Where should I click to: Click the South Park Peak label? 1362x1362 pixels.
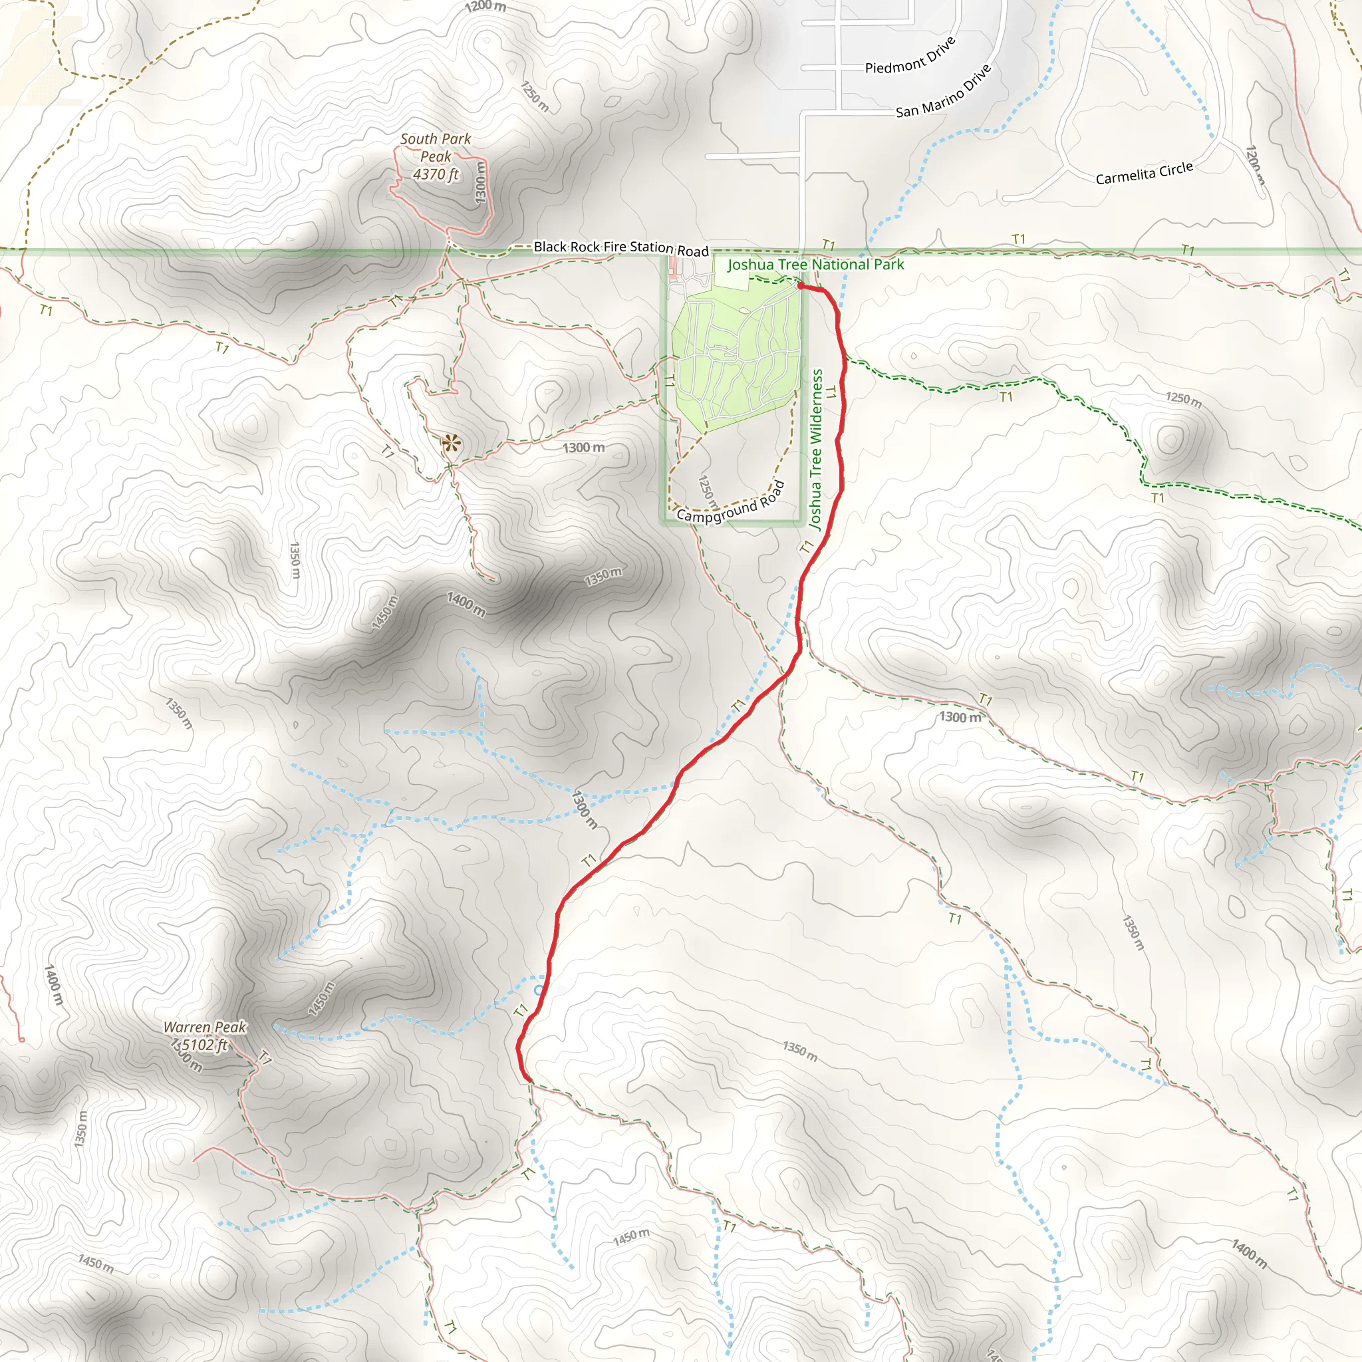(436, 148)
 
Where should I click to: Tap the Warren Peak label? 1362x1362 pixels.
(204, 1027)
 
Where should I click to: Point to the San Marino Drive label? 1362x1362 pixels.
(943, 92)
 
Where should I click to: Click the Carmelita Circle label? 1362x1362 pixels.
(1143, 173)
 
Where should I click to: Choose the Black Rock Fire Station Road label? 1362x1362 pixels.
(620, 247)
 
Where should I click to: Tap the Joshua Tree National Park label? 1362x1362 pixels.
(815, 265)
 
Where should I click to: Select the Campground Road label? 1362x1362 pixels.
(730, 503)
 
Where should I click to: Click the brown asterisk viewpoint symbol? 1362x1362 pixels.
(451, 444)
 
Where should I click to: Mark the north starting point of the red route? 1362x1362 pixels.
(801, 285)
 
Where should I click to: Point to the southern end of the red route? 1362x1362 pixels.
(527, 1079)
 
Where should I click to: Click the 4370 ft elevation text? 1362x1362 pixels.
(436, 174)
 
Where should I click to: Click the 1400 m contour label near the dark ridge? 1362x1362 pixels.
(466, 604)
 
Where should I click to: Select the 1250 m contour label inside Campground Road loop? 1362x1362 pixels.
(707, 491)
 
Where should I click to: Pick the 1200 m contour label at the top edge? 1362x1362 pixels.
(485, 7)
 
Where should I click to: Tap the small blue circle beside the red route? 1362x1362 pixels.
(539, 990)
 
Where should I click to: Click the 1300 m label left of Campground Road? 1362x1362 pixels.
(583, 448)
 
